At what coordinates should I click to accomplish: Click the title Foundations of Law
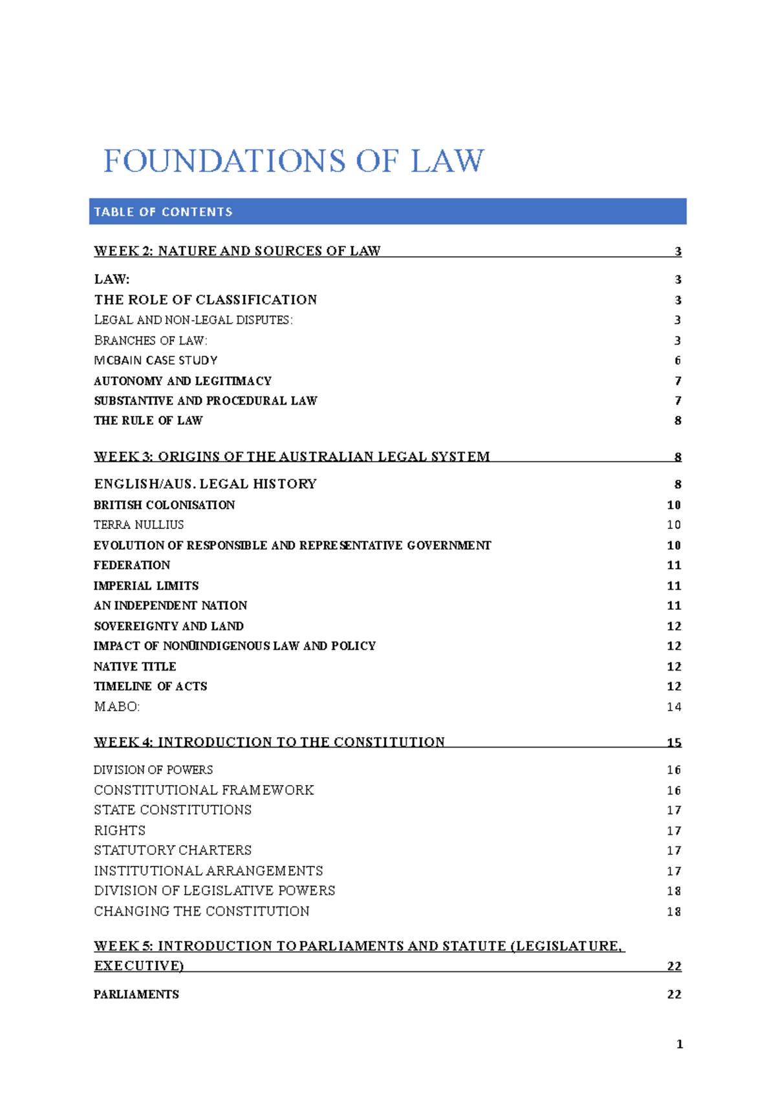coord(294,161)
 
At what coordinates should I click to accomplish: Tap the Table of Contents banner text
coord(163,212)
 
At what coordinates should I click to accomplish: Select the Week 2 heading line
coord(237,251)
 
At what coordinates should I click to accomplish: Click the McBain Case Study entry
coord(155,360)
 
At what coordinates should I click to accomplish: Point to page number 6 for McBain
coord(678,360)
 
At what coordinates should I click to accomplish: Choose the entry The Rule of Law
coord(148,420)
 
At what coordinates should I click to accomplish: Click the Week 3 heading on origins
coord(292,457)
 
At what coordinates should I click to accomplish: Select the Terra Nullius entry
coord(138,524)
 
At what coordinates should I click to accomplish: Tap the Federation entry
coord(131,565)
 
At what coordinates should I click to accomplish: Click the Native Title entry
coord(135,666)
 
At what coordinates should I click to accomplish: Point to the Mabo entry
coord(116,707)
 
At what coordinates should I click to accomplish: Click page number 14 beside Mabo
coord(674,707)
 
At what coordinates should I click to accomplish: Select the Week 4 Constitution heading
coord(269,742)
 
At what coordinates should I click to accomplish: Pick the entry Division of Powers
coord(153,770)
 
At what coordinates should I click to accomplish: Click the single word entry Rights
coord(120,830)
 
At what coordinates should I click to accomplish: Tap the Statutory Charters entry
coord(173,850)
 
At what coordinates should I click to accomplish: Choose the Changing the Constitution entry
coord(201,911)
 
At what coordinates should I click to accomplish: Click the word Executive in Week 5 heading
coord(138,966)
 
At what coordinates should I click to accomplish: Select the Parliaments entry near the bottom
coord(136,995)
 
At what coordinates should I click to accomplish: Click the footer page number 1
coord(679,1044)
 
